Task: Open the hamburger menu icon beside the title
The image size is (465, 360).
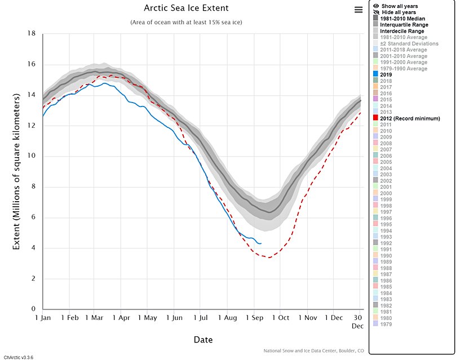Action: [358, 10]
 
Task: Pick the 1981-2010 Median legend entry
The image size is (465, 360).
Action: [404, 19]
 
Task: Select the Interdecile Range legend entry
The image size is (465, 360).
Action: [403, 31]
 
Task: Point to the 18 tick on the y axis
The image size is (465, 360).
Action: [32, 34]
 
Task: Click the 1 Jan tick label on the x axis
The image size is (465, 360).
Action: [43, 318]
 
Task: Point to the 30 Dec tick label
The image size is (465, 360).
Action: [358, 322]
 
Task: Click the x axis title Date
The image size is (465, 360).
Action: [203, 340]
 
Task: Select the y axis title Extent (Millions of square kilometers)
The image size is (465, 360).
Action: [17, 172]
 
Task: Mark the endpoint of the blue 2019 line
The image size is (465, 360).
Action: [261, 243]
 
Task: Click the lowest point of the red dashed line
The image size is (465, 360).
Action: [269, 257]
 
